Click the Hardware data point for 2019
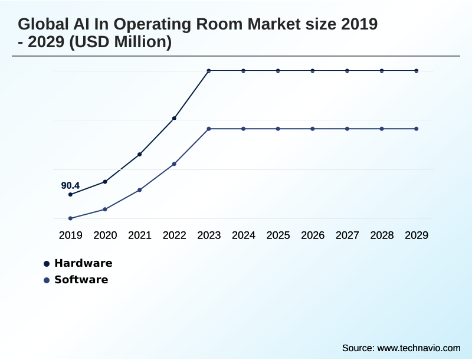click(70, 194)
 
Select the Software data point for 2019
click(70, 218)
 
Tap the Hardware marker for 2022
click(174, 119)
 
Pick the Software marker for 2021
click(140, 190)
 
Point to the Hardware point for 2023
click(209, 71)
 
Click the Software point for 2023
click(209, 129)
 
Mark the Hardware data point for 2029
click(417, 71)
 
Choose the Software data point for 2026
click(313, 129)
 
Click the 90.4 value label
click(70, 185)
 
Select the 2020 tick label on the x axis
click(105, 235)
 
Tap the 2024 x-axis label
click(244, 235)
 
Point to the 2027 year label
click(348, 235)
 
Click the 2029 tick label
click(417, 235)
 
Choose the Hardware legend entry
click(83, 263)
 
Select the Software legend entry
click(81, 280)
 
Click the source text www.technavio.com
click(418, 348)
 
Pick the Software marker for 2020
click(105, 209)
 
